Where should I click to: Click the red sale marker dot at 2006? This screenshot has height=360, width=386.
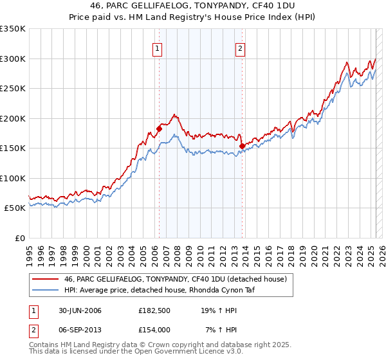point(159,129)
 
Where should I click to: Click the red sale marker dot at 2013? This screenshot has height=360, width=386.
point(242,146)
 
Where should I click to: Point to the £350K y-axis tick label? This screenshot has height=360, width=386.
point(13,29)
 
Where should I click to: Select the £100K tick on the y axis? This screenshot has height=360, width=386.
point(13,178)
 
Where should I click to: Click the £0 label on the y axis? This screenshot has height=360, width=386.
point(19,238)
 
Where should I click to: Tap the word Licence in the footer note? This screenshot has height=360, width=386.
point(199,352)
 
